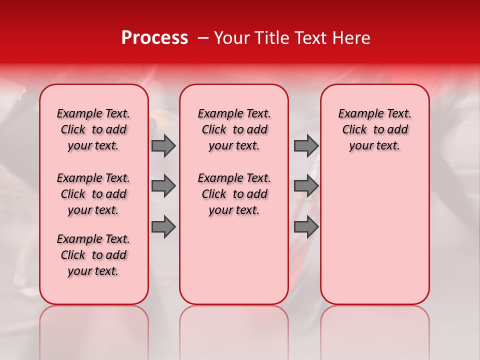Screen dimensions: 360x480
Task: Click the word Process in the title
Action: coord(154,38)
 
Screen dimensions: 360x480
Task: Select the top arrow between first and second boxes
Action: coord(163,145)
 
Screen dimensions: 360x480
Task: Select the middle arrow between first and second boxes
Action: coord(163,186)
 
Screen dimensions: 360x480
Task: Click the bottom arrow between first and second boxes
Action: coord(163,227)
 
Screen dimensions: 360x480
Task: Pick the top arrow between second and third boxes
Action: coord(306,145)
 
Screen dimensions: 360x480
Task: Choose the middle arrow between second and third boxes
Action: coord(306,186)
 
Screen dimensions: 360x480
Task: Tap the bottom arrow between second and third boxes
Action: coord(306,227)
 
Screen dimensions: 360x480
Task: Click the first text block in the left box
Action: coord(93,129)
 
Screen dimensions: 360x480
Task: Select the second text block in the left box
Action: coord(93,194)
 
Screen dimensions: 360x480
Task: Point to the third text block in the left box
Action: coord(93,255)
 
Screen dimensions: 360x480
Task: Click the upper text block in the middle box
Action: coord(234,129)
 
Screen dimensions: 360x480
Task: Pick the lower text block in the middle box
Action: coord(234,194)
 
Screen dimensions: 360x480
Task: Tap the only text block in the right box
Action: coord(374,129)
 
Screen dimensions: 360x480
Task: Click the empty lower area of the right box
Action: coord(374,235)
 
